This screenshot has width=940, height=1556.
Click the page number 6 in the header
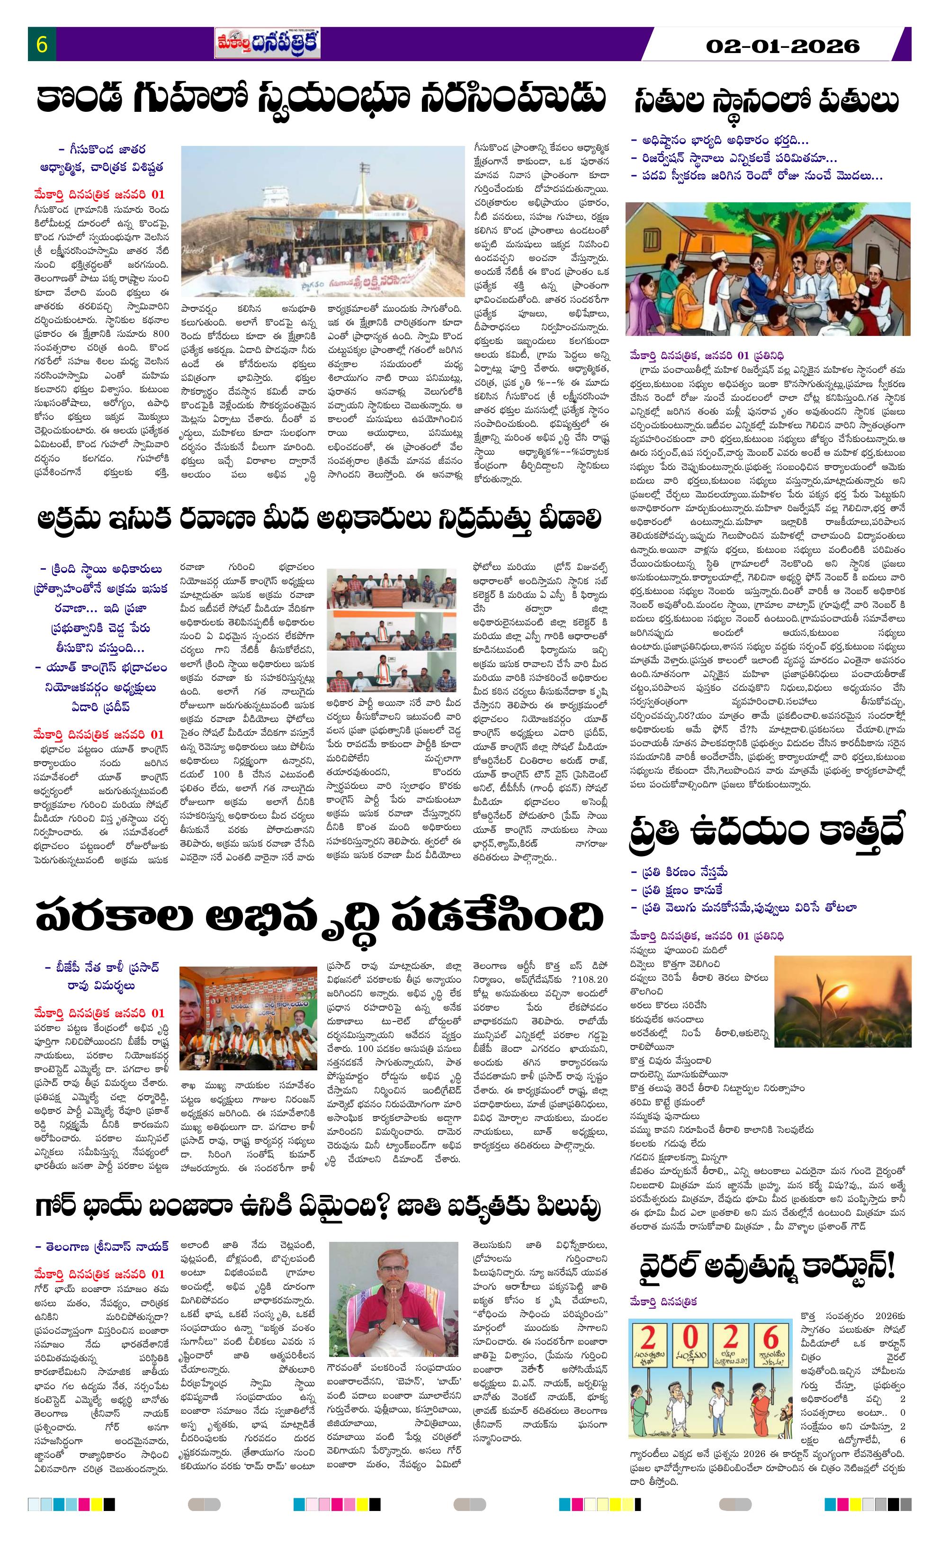(42, 45)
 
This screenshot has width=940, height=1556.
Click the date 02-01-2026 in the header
(782, 46)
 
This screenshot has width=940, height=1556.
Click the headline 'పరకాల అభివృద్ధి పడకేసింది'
(320, 917)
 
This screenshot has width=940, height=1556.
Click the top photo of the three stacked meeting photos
(383, 591)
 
